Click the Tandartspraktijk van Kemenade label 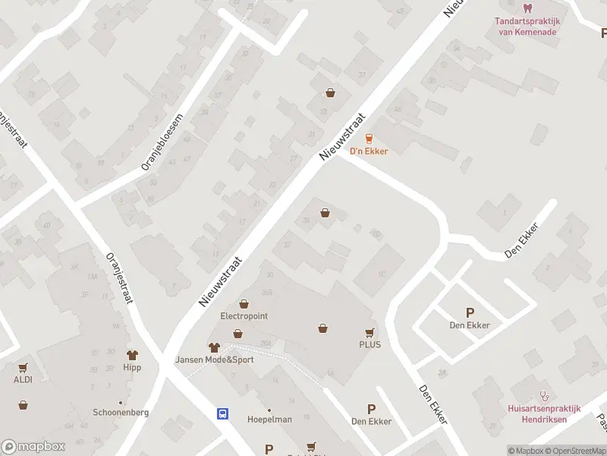point(527,27)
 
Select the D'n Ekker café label point(369,151)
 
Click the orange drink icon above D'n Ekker point(369,138)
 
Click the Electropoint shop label point(244,316)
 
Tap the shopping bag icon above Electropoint point(244,303)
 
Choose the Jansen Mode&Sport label point(215,359)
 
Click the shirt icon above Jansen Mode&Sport point(214,347)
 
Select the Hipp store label point(133,367)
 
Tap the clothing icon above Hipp point(133,354)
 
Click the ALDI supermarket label point(22,379)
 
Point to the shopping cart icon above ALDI point(22,366)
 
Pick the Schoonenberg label point(120,412)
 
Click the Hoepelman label point(269,420)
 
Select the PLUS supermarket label point(370,344)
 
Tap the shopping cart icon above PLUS point(370,332)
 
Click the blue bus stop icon point(223,413)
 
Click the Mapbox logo point(33,446)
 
